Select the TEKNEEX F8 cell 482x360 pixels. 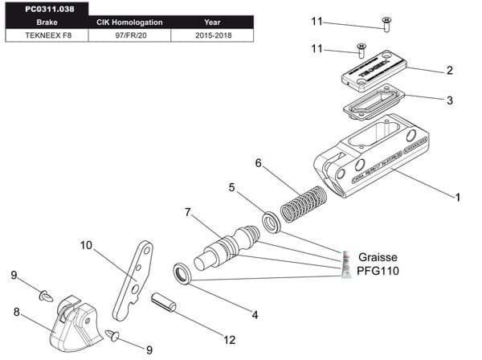43,35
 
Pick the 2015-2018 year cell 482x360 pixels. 212,35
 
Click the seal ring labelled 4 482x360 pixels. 183,273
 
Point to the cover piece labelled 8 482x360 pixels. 75,321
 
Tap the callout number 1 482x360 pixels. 457,195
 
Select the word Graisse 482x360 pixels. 378,258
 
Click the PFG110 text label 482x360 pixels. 378,271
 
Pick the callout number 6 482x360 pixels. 258,163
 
